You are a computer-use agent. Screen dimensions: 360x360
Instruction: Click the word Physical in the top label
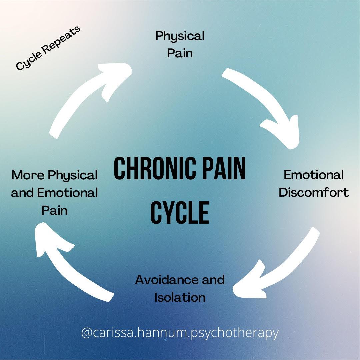click(180, 36)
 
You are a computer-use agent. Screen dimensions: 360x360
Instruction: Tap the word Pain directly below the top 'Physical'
click(180, 53)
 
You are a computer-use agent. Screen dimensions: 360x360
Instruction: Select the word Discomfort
click(314, 192)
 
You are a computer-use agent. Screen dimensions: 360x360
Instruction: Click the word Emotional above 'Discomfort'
click(314, 175)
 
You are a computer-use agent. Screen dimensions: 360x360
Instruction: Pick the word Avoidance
click(166, 280)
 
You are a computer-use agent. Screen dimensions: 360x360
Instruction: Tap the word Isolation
click(180, 297)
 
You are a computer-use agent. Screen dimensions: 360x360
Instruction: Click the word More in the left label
click(28, 175)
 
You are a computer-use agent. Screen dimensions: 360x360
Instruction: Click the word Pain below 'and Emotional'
click(54, 210)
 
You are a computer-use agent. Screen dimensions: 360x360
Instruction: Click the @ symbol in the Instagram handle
click(86, 333)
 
